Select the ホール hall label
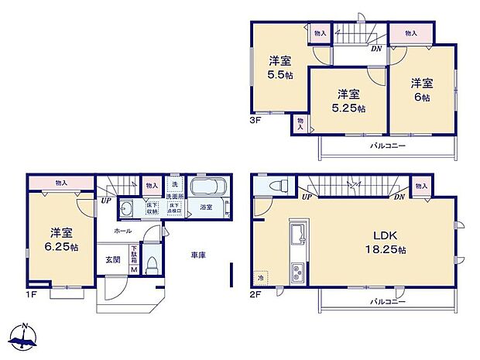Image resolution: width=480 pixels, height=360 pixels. pyautogui.click(x=122, y=231)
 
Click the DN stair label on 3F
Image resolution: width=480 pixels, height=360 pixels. pyautogui.click(x=375, y=49)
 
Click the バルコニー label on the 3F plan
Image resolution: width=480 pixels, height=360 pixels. pyautogui.click(x=387, y=145)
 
